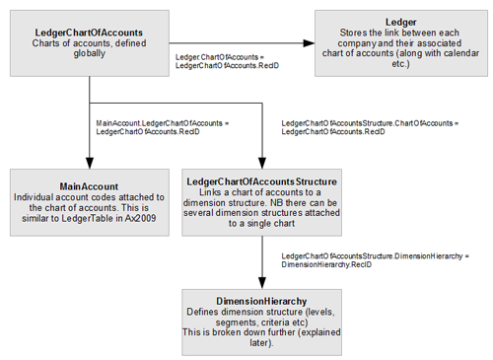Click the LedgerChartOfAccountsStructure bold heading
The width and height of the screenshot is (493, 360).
(x=262, y=182)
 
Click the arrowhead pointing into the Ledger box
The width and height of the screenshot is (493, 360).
(x=309, y=42)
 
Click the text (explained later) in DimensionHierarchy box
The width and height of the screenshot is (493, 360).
(x=262, y=344)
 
